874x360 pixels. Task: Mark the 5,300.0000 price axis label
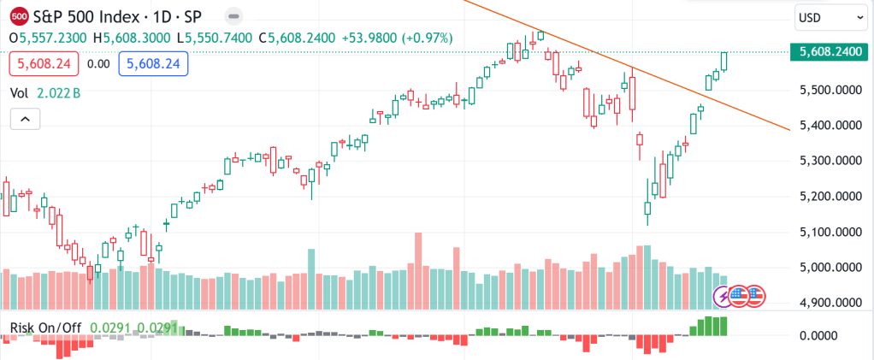830,161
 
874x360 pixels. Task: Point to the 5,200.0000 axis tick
830,197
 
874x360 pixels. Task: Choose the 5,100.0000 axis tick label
830,232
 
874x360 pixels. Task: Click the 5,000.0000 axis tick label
830,268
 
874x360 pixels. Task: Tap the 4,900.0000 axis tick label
830,303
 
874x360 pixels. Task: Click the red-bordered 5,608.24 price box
44,63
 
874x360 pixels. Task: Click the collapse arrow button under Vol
25,119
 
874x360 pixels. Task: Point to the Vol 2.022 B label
45,92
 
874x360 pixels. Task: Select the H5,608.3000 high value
133,38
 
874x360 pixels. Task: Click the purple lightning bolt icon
724,296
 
